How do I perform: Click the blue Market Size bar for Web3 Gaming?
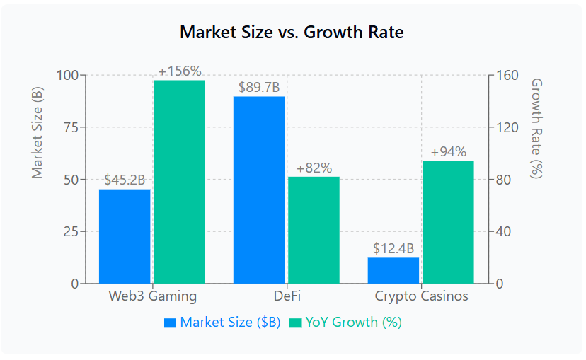click(x=125, y=236)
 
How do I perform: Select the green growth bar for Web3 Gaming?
click(x=179, y=182)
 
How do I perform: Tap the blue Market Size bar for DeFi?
click(x=259, y=190)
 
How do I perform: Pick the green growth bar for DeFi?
click(x=314, y=230)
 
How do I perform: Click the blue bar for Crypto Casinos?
click(x=393, y=271)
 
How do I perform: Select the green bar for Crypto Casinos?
click(x=448, y=222)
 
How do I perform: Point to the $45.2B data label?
click(x=125, y=180)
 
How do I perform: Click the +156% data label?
click(x=180, y=71)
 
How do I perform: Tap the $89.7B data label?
click(x=259, y=88)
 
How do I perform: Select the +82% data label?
click(x=314, y=168)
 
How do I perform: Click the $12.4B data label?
click(x=393, y=248)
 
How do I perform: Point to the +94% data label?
click(x=449, y=152)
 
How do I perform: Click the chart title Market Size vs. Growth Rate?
click(x=292, y=32)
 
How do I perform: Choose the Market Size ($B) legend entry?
click(x=222, y=323)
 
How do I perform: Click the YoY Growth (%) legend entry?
click(x=345, y=323)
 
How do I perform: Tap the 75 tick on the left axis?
click(x=71, y=127)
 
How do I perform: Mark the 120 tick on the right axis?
click(x=507, y=127)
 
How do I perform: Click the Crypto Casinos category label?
click(x=421, y=296)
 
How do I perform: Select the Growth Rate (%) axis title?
click(x=536, y=128)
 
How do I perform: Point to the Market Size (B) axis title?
click(x=37, y=132)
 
